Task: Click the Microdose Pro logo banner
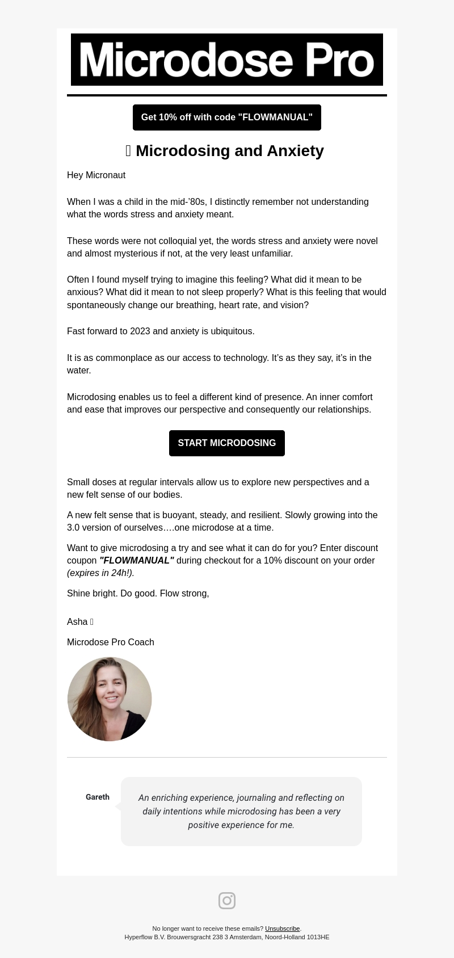click(x=227, y=60)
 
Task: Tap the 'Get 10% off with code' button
click(x=227, y=117)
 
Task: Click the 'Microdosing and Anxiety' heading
click(x=229, y=151)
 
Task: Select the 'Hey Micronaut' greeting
click(x=96, y=175)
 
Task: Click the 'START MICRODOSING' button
click(x=227, y=443)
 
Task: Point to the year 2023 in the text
click(x=140, y=331)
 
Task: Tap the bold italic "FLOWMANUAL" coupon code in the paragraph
click(x=137, y=561)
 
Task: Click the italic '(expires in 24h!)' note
click(x=100, y=573)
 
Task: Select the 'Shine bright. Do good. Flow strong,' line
click(x=138, y=594)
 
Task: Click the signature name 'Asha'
click(x=77, y=622)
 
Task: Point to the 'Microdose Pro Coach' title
click(x=111, y=642)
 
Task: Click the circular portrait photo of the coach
click(x=110, y=699)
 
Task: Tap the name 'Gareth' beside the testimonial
click(x=98, y=797)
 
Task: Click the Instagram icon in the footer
click(x=227, y=901)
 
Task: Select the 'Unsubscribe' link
click(x=282, y=929)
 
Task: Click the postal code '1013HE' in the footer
click(x=318, y=938)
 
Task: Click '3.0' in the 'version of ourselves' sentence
click(x=74, y=528)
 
